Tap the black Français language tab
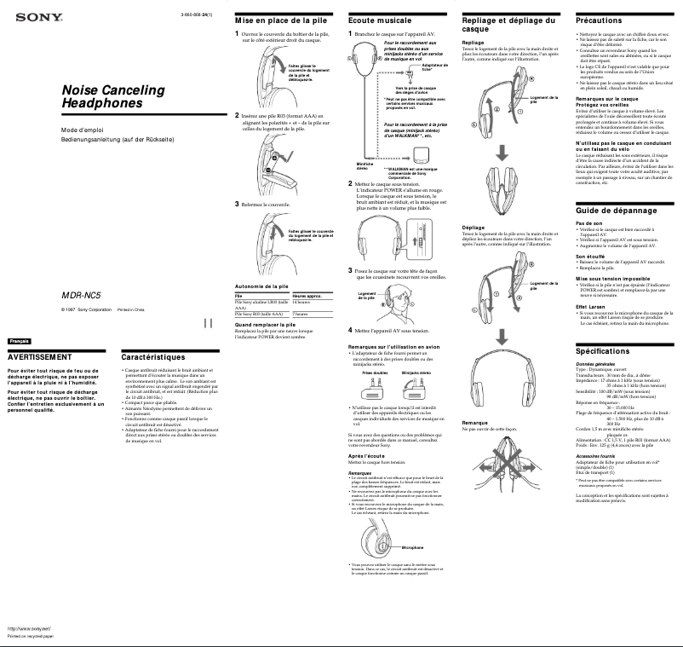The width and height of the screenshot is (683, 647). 18,341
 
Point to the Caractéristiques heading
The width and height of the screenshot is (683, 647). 153,356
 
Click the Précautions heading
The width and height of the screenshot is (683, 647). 599,19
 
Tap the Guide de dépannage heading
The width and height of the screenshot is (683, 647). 617,210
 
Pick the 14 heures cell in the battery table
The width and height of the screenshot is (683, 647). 301,303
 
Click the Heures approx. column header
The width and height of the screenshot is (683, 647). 307,296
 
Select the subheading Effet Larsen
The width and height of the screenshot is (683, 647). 590,306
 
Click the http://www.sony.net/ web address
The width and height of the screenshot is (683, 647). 29,627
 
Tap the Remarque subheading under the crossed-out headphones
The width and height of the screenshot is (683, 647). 474,423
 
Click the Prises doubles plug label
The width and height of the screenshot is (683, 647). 375,373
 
